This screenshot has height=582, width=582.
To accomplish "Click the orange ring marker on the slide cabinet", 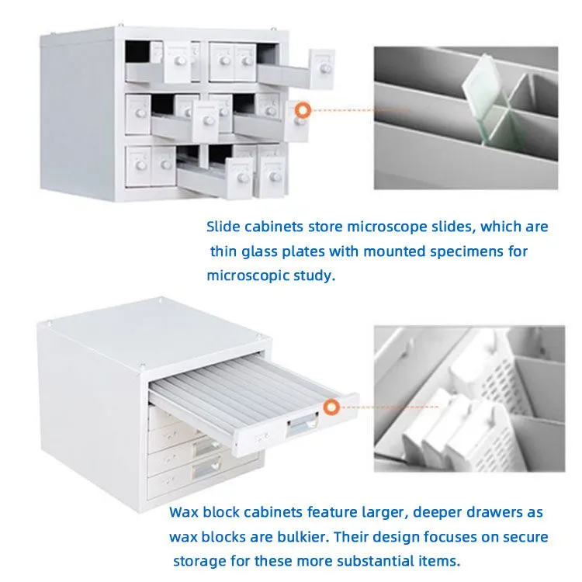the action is (303, 110).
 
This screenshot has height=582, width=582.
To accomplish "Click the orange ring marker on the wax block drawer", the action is (331, 407).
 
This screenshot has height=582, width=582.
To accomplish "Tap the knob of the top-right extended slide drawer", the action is (325, 68).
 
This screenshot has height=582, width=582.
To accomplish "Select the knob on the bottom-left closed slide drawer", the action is (140, 165).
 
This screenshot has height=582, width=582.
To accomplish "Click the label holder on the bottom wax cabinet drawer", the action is (206, 468).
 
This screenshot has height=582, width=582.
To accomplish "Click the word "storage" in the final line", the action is (199, 561).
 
